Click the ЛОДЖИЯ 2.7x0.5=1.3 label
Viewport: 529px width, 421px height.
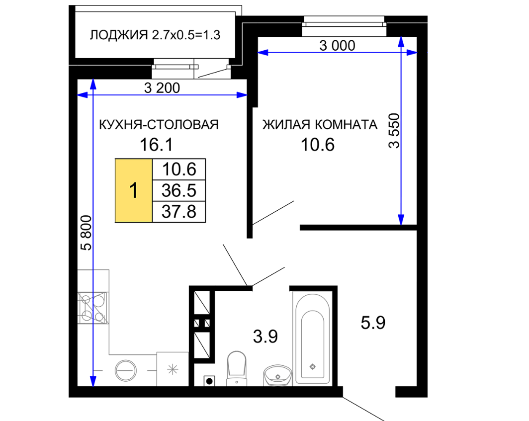(x=155, y=35)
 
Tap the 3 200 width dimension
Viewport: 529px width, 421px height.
(x=162, y=88)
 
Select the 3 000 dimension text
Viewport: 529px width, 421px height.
(x=338, y=46)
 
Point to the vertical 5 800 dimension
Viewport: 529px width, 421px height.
(x=87, y=233)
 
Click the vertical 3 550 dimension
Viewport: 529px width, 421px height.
(x=394, y=131)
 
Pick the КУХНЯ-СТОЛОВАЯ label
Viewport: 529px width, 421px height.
(x=159, y=125)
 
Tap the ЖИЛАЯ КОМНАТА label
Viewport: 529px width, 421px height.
(x=320, y=125)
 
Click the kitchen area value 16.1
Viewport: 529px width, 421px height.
(x=156, y=145)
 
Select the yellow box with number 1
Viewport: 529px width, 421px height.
(x=134, y=190)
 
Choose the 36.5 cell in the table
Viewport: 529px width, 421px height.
(x=179, y=190)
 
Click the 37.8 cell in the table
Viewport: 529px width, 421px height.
(x=179, y=212)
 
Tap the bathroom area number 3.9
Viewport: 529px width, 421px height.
(x=265, y=337)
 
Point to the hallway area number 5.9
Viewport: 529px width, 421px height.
(x=373, y=323)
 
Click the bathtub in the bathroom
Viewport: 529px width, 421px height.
(x=312, y=338)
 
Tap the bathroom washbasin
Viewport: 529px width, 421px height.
(x=277, y=375)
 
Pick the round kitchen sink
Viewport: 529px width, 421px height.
(x=126, y=370)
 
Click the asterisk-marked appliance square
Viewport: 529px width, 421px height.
(x=173, y=369)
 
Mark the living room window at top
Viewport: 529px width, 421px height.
(x=344, y=26)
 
